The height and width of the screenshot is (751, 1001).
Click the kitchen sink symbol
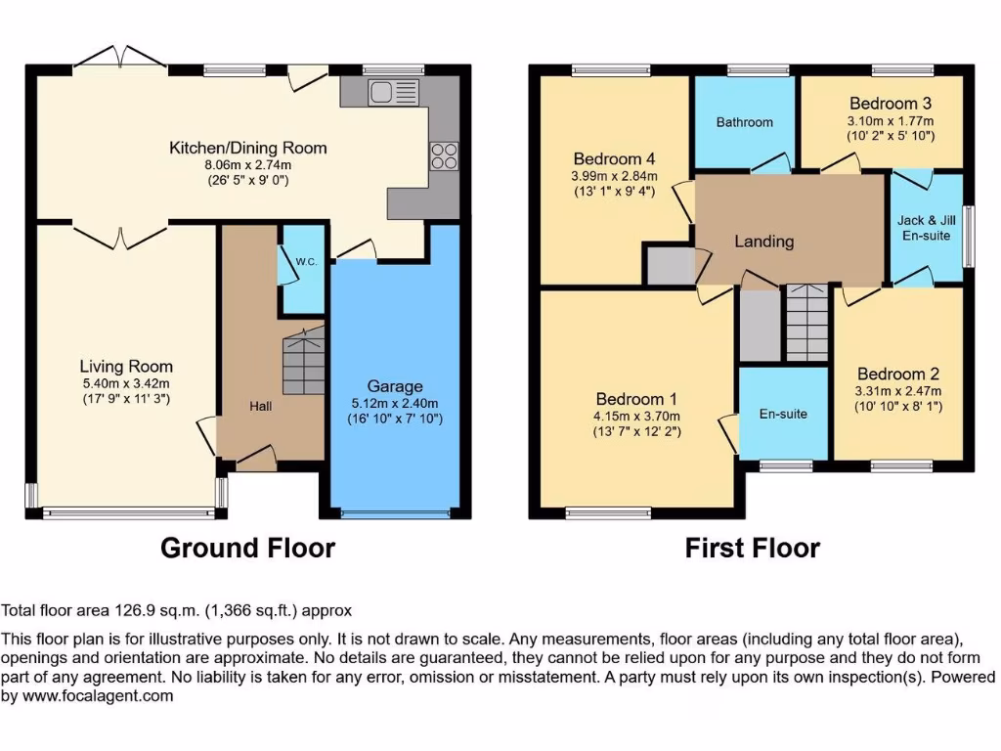393,93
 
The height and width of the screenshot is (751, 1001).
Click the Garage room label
394,386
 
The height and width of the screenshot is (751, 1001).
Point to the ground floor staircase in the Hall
303,362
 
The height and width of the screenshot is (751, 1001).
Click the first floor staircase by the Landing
807,323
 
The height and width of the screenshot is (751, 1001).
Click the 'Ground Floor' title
247,548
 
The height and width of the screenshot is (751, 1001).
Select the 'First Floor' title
752,548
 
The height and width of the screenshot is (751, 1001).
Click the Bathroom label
744,122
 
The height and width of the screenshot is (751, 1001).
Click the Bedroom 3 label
890,104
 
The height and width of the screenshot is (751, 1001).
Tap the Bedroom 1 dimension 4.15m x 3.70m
637,415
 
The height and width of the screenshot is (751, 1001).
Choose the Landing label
764,241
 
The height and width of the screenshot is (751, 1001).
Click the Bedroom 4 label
614,159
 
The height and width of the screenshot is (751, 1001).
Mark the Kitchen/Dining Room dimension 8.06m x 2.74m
247,164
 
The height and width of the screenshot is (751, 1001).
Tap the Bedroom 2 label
897,374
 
